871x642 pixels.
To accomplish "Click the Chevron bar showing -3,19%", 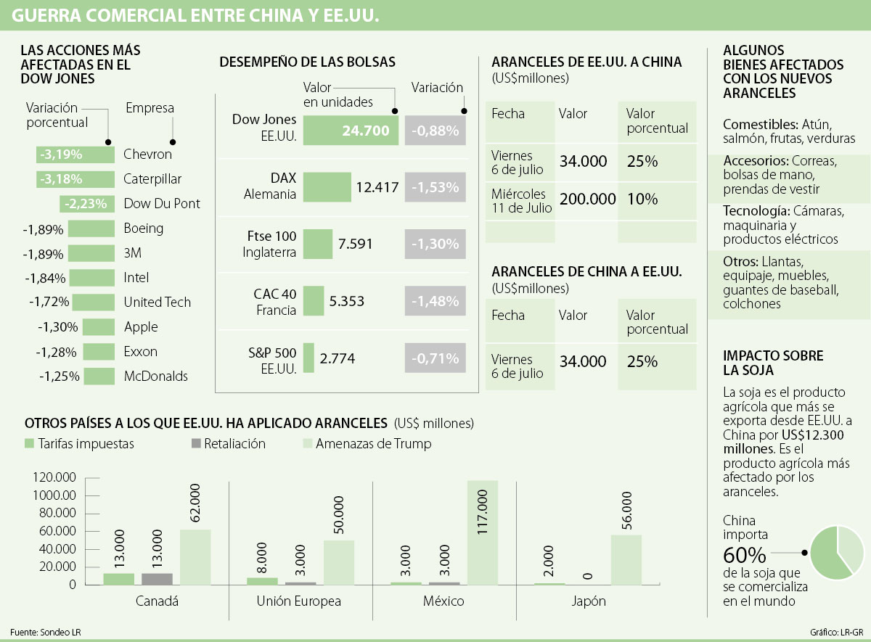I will pos(75,155).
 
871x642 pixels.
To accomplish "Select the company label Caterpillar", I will pos(152,179).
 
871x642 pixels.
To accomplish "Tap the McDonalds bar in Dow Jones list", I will pos(99,376).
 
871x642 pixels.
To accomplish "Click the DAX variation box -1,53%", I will pos(435,187).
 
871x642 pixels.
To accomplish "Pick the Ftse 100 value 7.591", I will pos(355,244).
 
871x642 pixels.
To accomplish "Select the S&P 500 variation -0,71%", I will pos(435,358).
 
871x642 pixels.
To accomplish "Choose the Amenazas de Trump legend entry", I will pos(372,444).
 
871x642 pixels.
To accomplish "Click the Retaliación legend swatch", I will pos(196,443).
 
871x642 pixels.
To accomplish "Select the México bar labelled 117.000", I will pos(483,532).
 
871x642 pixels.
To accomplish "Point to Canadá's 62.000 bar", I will pos(195,556).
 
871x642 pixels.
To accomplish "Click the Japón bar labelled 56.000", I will pos(626,559).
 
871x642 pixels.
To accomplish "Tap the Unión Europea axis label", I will pos(298,601).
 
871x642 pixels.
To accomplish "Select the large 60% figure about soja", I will pos(744,556).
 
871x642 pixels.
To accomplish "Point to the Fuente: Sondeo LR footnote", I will pos(46,632).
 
